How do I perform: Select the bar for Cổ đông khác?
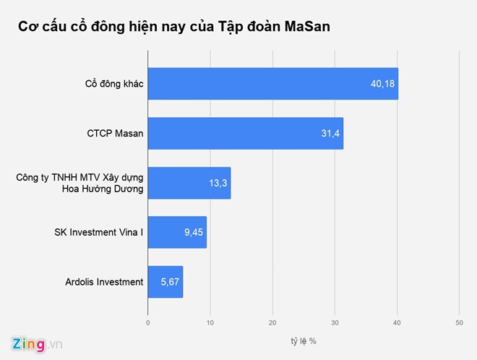(272, 85)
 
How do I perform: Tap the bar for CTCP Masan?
(245, 134)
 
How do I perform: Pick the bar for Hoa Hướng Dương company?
(189, 183)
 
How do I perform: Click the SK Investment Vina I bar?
(177, 232)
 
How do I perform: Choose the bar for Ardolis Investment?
(165, 281)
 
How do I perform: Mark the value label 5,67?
(169, 281)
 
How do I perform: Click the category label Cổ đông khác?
(114, 85)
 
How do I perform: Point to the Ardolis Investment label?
(103, 281)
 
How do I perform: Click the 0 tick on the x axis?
(147, 322)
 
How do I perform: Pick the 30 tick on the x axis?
(335, 322)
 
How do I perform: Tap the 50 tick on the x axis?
(459, 322)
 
